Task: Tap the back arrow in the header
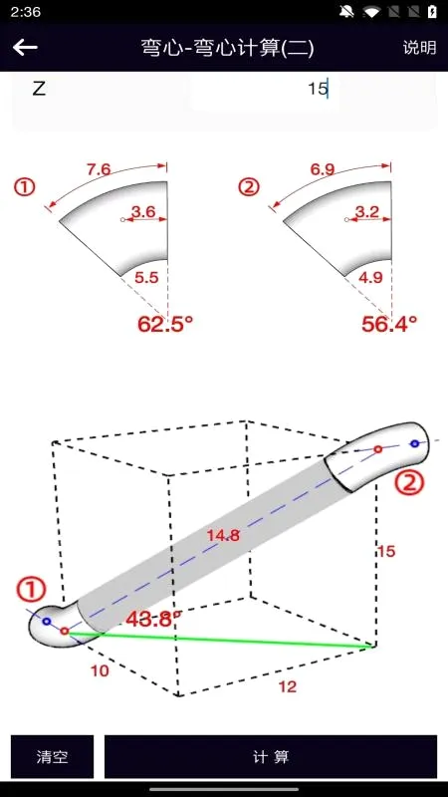coord(26,47)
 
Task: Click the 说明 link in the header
coord(419,47)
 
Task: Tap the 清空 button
coord(53,756)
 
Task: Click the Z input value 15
coord(319,89)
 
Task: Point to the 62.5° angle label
coord(165,324)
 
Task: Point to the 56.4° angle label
coord(389,324)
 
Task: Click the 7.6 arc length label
coord(99,169)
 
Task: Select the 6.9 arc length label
coord(323,169)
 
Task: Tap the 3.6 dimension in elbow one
coord(143,211)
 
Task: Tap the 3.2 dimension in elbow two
coord(367,211)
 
